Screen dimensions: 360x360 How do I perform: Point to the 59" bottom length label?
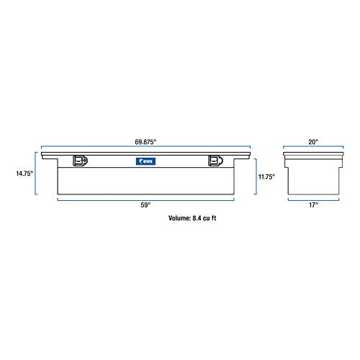146,205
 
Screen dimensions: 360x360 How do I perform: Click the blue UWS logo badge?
145,162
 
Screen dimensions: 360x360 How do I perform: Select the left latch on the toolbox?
80,162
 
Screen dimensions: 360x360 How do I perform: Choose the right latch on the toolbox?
214,162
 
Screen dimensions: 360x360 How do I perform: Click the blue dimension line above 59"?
146,199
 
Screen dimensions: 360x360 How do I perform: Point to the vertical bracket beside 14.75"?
35,174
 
